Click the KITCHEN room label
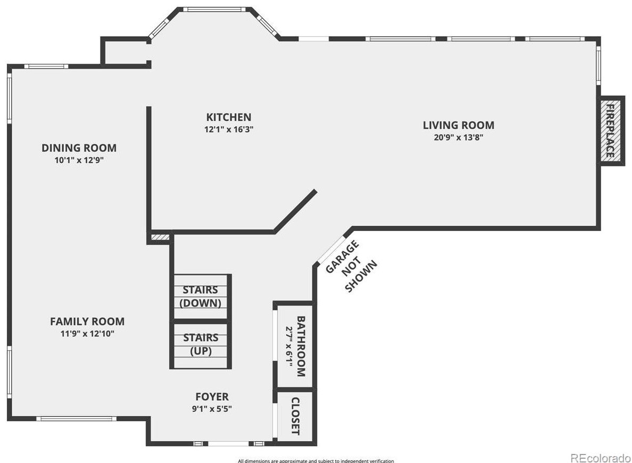tap(229, 117)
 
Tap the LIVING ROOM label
tap(458, 125)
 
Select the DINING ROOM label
tap(79, 148)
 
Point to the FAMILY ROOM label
tap(87, 321)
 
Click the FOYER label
tap(212, 396)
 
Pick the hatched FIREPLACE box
tap(610, 131)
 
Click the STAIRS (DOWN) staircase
tap(200, 296)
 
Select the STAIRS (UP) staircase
tap(200, 344)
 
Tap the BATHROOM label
tap(301, 346)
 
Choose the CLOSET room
tap(295, 416)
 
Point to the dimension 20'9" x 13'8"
tap(458, 137)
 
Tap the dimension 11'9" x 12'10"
tap(88, 334)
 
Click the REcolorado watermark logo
tap(600, 457)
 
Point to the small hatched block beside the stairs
tap(160, 237)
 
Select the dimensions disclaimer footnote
tap(316, 461)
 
